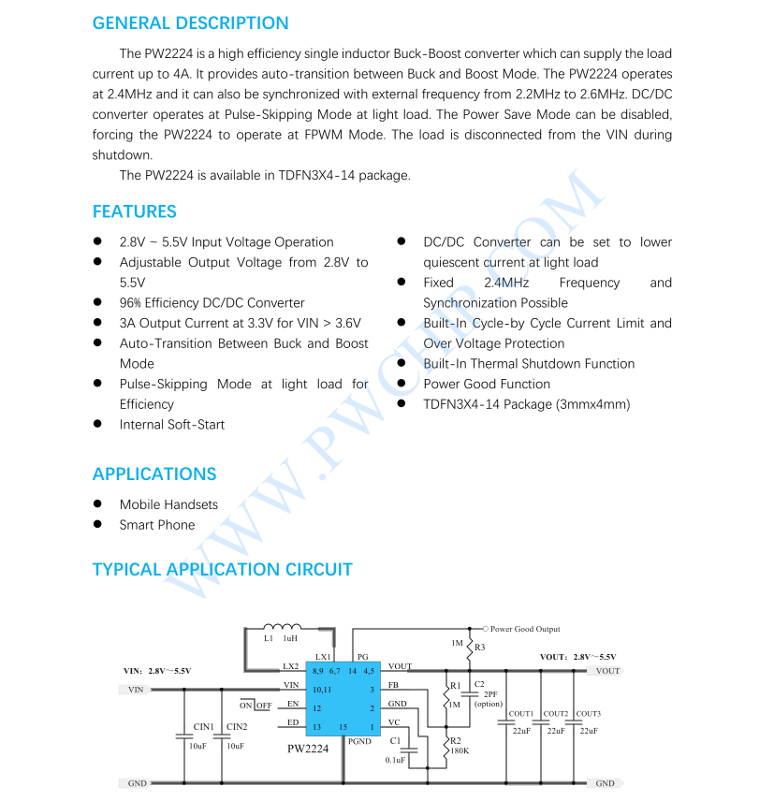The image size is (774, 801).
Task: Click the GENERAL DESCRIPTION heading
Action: pyautogui.click(x=190, y=23)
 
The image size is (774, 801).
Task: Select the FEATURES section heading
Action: pyautogui.click(x=134, y=211)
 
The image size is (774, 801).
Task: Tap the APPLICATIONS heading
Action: pyautogui.click(x=153, y=473)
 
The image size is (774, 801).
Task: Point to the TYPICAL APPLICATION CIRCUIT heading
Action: pyautogui.click(x=222, y=569)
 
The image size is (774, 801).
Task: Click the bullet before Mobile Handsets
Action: pyautogui.click(x=97, y=504)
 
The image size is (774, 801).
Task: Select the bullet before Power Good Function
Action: pyautogui.click(x=401, y=384)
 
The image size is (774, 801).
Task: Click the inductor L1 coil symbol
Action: pyautogui.click(x=282, y=627)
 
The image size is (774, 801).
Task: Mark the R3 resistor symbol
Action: pyautogui.click(x=469, y=647)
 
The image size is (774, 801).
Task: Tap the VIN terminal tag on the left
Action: pyautogui.click(x=136, y=690)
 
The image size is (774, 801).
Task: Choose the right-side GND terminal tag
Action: pyautogui.click(x=604, y=783)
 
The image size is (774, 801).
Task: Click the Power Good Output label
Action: pyautogui.click(x=524, y=629)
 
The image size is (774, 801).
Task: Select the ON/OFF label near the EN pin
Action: pyautogui.click(x=256, y=705)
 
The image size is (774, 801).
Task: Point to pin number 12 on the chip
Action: pyautogui.click(x=317, y=708)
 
